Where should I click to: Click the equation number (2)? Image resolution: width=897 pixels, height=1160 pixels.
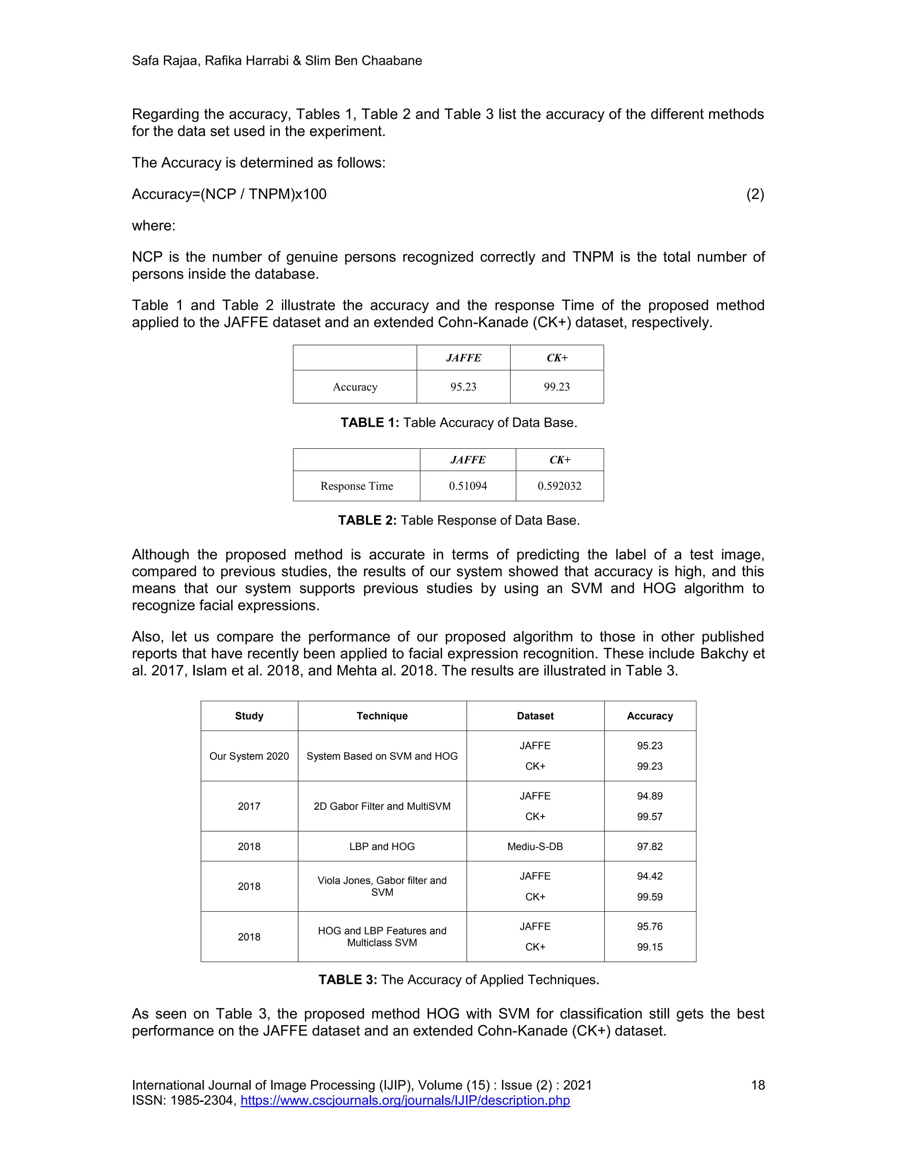[755, 194]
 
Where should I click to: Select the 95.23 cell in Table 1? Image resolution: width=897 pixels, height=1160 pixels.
[463, 387]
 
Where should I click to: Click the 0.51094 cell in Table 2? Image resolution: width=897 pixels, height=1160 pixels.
[468, 486]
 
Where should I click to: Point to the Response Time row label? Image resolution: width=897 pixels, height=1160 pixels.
[357, 486]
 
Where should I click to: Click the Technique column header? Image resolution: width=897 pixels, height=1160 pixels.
[382, 716]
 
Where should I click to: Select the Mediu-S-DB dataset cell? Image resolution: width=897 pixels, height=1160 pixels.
[535, 847]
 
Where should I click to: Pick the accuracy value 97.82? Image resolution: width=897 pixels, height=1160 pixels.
[650, 847]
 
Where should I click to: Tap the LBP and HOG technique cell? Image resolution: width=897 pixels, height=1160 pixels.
[382, 847]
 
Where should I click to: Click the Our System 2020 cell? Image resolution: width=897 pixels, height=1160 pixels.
[249, 756]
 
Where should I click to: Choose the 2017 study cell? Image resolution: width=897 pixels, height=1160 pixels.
[249, 806]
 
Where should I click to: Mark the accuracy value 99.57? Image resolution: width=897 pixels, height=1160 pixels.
[650, 817]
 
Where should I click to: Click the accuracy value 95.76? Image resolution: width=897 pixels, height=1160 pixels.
[650, 927]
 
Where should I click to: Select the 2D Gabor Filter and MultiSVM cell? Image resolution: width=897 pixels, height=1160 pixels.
[382, 806]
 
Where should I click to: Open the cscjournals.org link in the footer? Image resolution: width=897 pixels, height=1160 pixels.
[405, 1100]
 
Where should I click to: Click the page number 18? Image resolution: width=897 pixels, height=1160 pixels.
[757, 1086]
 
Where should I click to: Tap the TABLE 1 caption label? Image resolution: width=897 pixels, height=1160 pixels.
[369, 423]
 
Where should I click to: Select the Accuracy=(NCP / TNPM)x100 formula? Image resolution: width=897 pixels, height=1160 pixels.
[229, 194]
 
